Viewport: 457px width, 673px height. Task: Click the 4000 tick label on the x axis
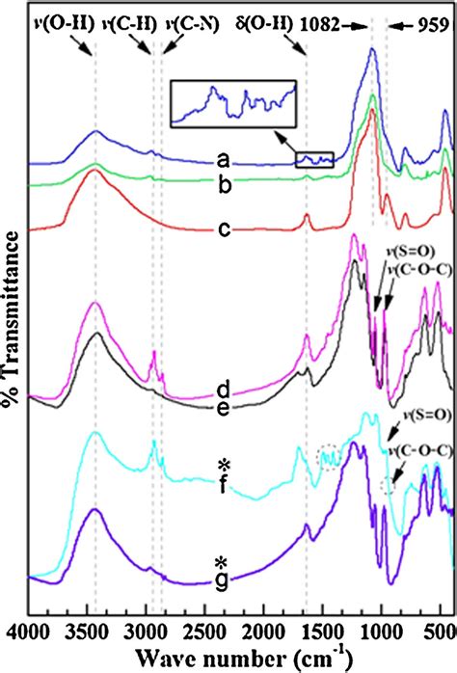click(30, 630)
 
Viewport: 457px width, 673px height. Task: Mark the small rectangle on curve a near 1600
click(314, 159)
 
